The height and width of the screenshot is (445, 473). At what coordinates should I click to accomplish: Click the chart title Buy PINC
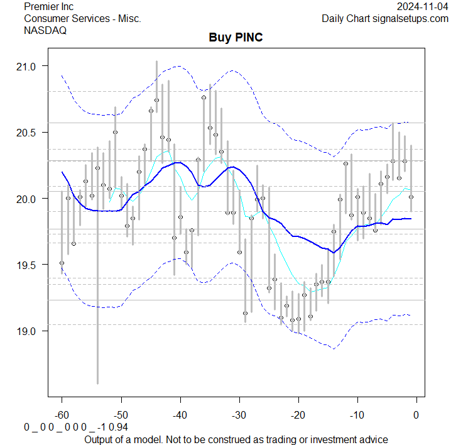pyautogui.click(x=236, y=38)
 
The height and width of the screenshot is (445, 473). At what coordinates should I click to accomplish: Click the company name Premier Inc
pyautogui.click(x=48, y=6)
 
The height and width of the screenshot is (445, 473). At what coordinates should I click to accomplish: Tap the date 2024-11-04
pyautogui.click(x=423, y=6)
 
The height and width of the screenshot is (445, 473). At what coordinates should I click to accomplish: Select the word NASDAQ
pyautogui.click(x=45, y=30)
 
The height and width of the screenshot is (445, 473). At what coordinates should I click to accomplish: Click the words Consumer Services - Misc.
pyautogui.click(x=82, y=18)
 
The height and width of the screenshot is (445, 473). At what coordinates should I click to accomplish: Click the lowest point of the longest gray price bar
pyautogui.click(x=97, y=383)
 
